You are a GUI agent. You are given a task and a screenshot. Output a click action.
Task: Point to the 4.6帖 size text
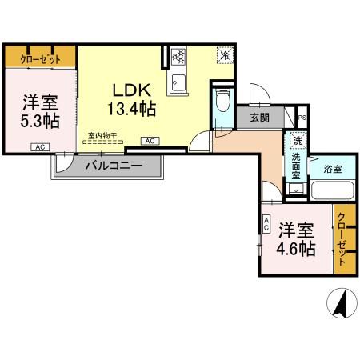tap(295, 248)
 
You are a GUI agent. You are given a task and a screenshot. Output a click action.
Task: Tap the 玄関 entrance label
tap(258, 118)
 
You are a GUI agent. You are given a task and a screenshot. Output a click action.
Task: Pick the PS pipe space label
tap(301, 118)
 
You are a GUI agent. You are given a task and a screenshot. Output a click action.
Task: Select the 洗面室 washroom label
tap(296, 169)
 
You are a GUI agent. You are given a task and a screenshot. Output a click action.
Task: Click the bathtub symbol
tap(333, 191)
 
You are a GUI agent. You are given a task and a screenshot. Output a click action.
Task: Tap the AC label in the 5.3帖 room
tap(38, 147)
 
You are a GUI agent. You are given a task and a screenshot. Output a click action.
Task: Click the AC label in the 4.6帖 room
tap(266, 226)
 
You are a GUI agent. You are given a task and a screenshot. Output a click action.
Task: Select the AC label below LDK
tap(149, 141)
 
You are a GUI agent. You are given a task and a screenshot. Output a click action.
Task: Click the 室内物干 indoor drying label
tap(103, 137)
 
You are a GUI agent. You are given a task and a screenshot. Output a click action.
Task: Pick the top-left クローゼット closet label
tap(28, 58)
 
